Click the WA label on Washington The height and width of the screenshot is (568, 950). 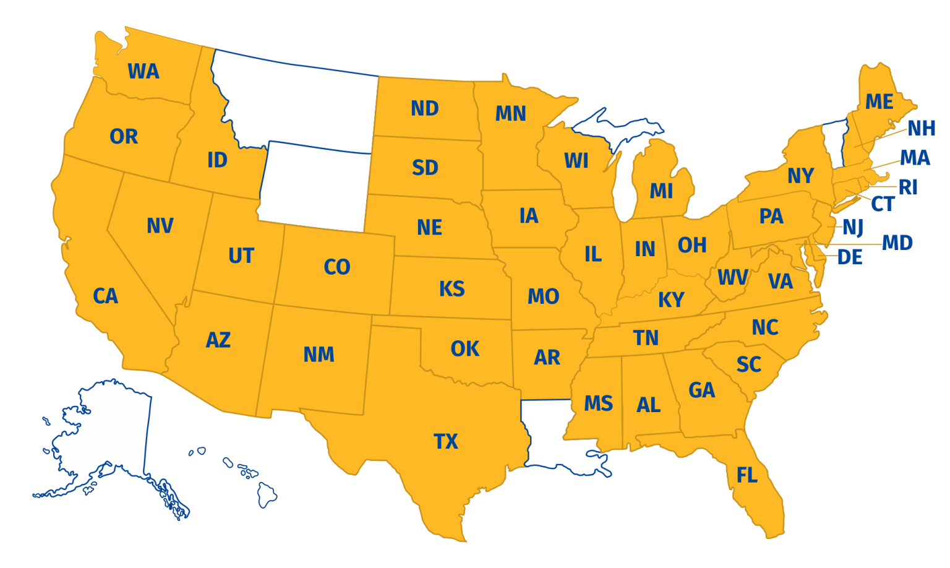(x=143, y=72)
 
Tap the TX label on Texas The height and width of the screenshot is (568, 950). (x=445, y=442)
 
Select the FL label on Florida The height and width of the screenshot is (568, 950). (x=747, y=475)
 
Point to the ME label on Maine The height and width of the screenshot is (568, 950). (x=879, y=102)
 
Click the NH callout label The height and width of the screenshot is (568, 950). (x=921, y=129)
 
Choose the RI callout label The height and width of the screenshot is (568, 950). (x=907, y=187)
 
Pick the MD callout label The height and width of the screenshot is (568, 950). (x=897, y=243)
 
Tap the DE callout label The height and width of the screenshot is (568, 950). (x=849, y=258)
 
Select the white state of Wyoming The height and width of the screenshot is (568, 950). (x=315, y=186)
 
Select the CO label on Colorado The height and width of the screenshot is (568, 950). (x=336, y=267)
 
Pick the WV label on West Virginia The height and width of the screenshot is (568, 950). (x=732, y=277)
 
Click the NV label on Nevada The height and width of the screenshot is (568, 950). (x=160, y=226)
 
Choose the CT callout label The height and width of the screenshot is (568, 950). (x=883, y=204)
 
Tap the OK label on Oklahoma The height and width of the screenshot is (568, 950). (x=464, y=349)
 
